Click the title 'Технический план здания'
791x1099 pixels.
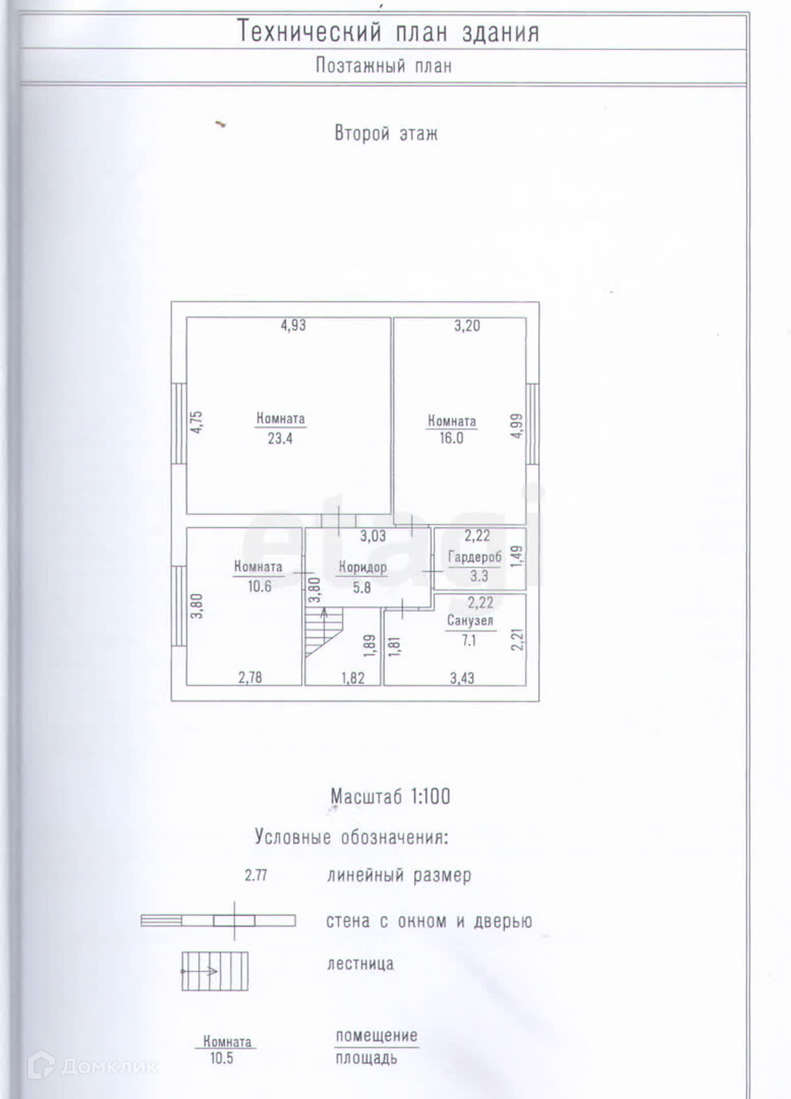[x=388, y=32]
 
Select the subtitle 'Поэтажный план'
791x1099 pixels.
[x=384, y=66]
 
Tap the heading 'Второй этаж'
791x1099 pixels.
[x=386, y=133]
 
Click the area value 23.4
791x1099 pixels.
[x=280, y=438]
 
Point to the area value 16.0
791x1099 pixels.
[x=451, y=438]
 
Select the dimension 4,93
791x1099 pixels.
[x=293, y=325]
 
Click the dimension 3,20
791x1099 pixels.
[x=467, y=326]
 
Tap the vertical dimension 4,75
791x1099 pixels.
[x=196, y=422]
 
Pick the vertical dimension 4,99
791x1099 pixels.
[x=517, y=426]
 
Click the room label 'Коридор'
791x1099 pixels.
[x=363, y=567]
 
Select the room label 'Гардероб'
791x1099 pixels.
[x=474, y=557]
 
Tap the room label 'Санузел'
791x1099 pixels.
[x=470, y=620]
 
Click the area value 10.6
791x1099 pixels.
[x=259, y=586]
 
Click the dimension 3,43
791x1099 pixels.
[x=462, y=678]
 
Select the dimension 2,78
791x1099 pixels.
[x=250, y=678]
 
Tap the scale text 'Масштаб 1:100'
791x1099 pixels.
[x=390, y=796]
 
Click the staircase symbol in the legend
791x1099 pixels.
[x=215, y=971]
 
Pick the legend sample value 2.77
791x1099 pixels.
[x=256, y=875]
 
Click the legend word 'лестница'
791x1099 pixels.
[x=360, y=964]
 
